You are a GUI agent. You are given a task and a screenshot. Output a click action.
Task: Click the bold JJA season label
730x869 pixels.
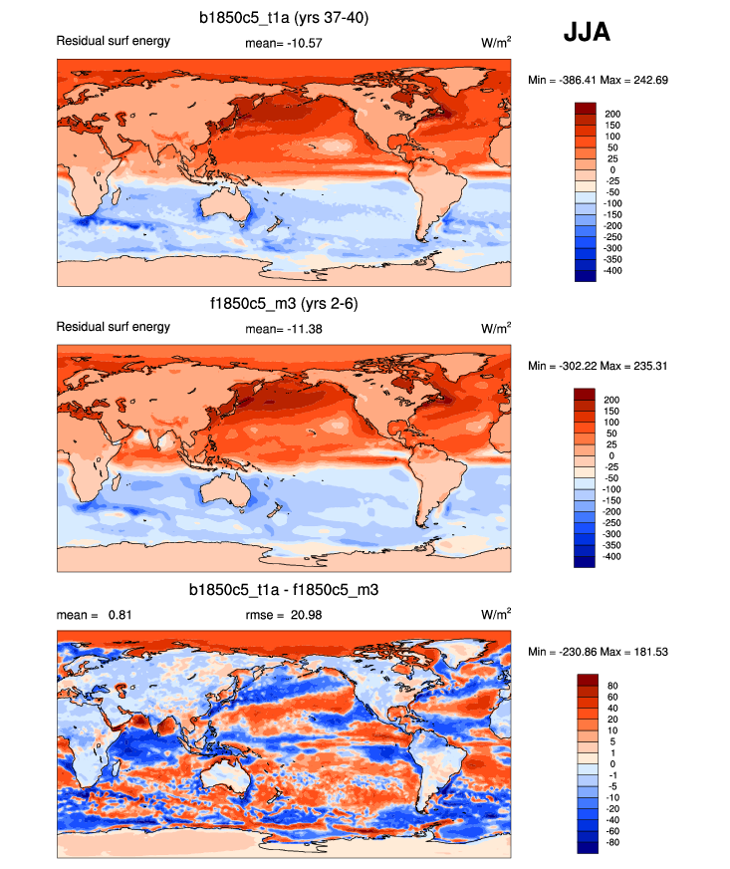point(587,32)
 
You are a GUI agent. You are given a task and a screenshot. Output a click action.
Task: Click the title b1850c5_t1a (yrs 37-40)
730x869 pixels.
point(284,17)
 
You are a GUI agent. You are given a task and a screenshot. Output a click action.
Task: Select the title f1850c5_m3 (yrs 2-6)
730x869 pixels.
point(284,304)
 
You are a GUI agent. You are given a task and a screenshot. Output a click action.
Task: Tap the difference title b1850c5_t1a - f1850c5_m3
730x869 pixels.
point(284,591)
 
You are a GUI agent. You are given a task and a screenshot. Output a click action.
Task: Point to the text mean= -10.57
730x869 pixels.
point(284,43)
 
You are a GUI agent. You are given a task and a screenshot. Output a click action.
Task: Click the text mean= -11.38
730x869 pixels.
point(284,328)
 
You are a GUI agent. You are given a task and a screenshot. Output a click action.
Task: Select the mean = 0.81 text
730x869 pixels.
point(95,614)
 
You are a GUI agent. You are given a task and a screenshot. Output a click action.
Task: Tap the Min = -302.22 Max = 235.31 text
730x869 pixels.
point(591,366)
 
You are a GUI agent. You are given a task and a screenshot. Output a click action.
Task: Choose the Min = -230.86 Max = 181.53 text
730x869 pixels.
point(591,651)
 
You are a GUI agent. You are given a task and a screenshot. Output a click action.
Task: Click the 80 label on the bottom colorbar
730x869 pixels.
point(611,686)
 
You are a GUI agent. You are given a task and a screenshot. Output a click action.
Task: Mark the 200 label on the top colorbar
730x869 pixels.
point(613,114)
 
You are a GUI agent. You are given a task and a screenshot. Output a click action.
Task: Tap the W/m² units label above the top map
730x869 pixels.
point(495,43)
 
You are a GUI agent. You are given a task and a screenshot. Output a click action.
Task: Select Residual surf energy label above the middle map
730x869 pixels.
point(113,327)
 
